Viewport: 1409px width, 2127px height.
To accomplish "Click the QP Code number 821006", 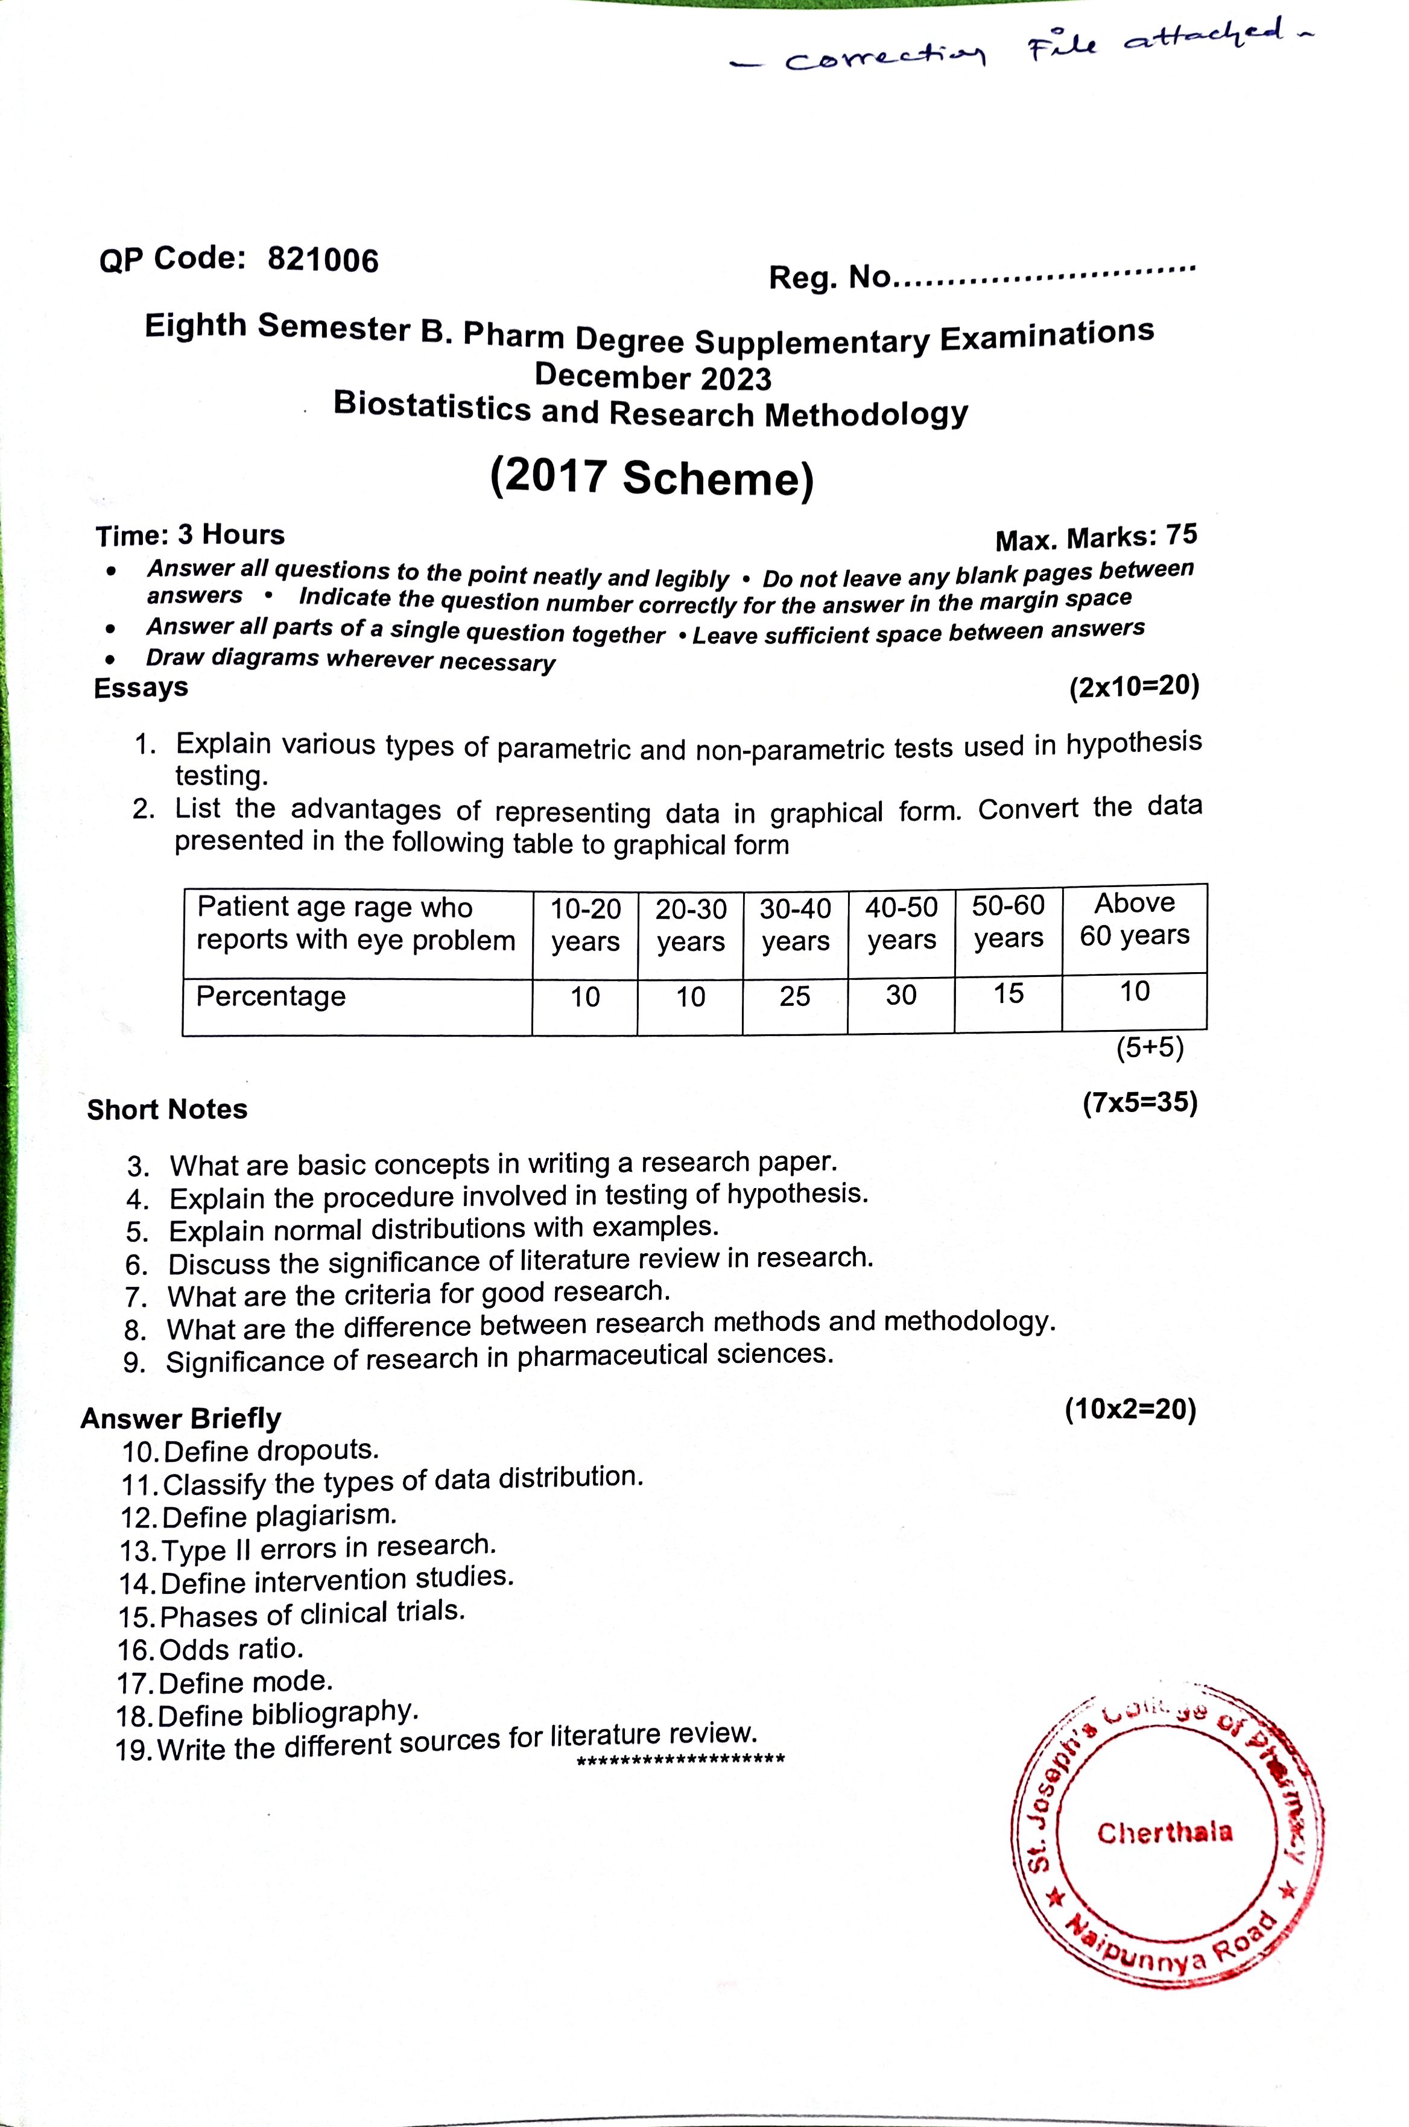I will (323, 261).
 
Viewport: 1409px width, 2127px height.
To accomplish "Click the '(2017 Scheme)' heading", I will (653, 477).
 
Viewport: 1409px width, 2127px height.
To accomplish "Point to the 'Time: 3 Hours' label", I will (191, 536).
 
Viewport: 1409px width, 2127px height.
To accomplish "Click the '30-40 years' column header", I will (795, 925).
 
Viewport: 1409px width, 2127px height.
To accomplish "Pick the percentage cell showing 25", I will (794, 996).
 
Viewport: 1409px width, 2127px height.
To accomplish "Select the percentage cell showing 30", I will (901, 995).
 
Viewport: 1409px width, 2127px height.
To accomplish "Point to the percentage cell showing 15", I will (1008, 993).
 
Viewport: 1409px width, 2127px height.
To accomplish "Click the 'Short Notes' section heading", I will (167, 1110).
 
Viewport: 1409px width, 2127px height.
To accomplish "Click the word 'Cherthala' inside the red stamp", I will (1165, 1832).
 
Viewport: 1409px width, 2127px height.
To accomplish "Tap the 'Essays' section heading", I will (141, 688).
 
